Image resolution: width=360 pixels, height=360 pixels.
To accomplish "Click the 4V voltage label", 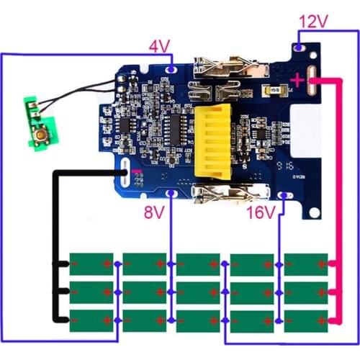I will click(x=159, y=48).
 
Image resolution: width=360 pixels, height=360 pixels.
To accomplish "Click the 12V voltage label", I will click(x=312, y=22).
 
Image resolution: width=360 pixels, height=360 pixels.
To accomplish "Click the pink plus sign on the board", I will click(x=297, y=81).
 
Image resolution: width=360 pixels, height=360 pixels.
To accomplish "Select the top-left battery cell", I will click(x=91, y=264).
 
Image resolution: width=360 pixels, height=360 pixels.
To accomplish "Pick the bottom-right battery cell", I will click(x=307, y=319).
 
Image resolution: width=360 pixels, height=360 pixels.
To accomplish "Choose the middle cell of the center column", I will click(x=199, y=292).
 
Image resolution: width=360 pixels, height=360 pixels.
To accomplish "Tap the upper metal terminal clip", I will click(x=220, y=69).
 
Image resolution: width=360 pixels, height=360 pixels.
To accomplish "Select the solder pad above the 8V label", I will click(x=171, y=194).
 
